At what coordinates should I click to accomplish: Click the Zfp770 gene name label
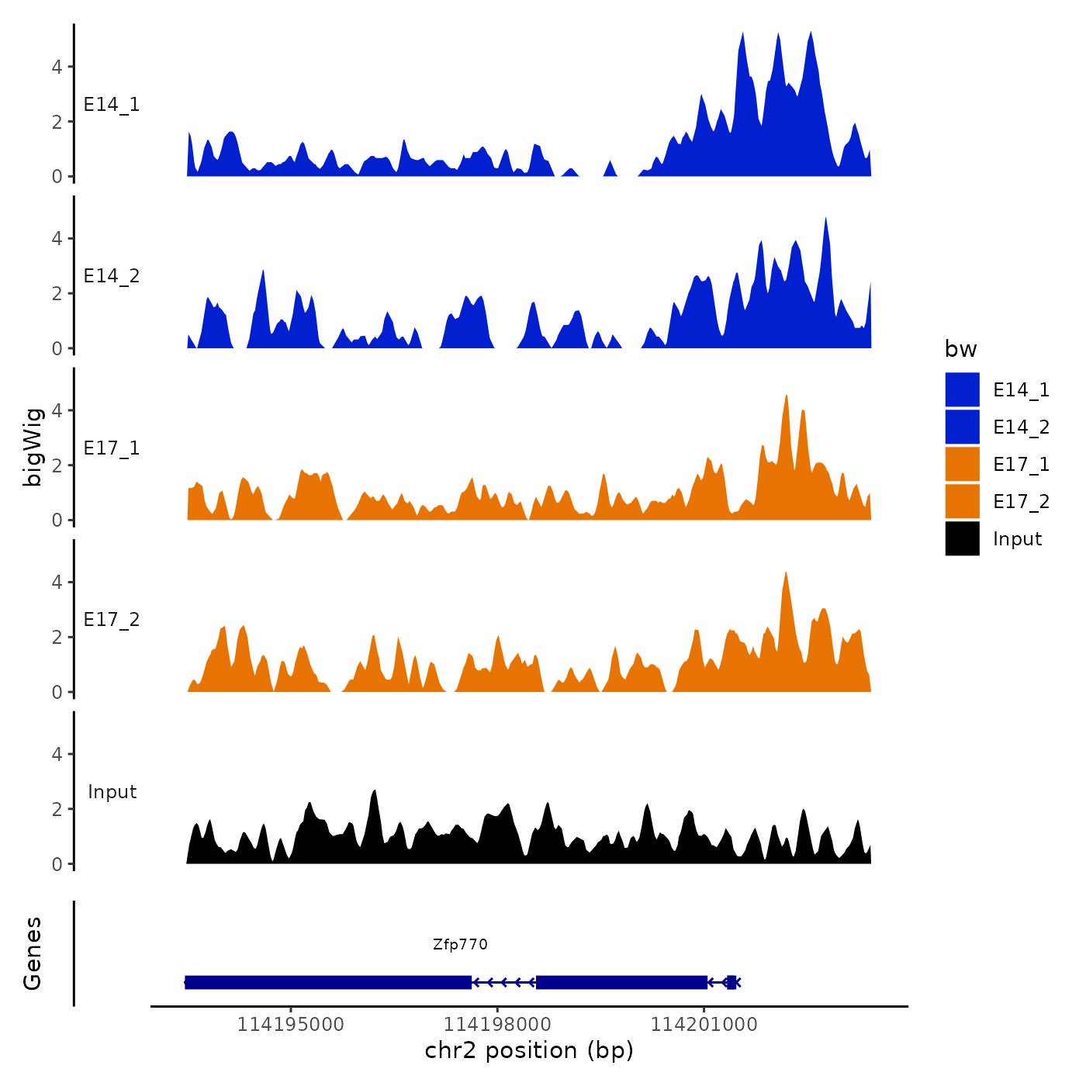pyautogui.click(x=460, y=944)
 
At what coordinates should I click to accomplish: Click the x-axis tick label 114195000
pyautogui.click(x=290, y=1024)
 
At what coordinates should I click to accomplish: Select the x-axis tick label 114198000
pyautogui.click(x=497, y=1024)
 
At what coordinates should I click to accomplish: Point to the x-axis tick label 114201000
pyautogui.click(x=704, y=1024)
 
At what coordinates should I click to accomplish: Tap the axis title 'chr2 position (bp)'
pyautogui.click(x=529, y=1050)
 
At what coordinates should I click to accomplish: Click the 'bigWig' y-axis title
pyautogui.click(x=33, y=447)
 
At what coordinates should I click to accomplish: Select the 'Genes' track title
pyautogui.click(x=33, y=953)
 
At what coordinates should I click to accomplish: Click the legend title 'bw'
pyautogui.click(x=960, y=349)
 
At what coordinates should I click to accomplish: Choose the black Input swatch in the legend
pyautogui.click(x=962, y=538)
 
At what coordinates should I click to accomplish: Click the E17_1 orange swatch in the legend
pyautogui.click(x=962, y=464)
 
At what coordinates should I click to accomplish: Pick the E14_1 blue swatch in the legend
pyautogui.click(x=962, y=389)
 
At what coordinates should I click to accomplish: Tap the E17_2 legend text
pyautogui.click(x=1021, y=502)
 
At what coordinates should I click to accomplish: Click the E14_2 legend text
pyautogui.click(x=1021, y=427)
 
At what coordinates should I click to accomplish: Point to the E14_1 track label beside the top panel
pyautogui.click(x=112, y=105)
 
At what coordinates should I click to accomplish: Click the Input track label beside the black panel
pyautogui.click(x=112, y=792)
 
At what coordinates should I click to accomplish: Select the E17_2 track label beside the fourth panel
pyautogui.click(x=112, y=620)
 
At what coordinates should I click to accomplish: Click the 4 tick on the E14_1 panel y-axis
pyautogui.click(x=57, y=67)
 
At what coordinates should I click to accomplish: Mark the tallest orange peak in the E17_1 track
pyautogui.click(x=786, y=397)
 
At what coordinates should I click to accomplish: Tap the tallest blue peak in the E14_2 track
pyautogui.click(x=825, y=220)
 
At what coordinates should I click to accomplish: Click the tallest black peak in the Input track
pyautogui.click(x=375, y=793)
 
